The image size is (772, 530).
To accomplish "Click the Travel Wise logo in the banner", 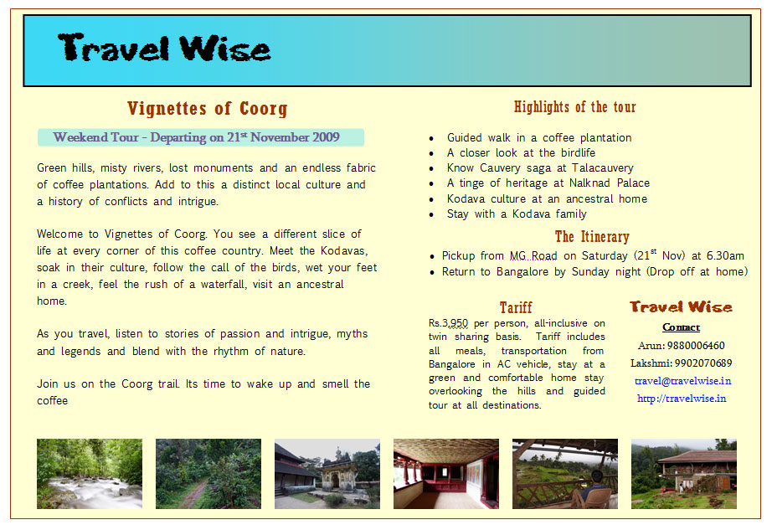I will [x=165, y=49].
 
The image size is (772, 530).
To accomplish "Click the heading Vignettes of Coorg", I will [x=207, y=109].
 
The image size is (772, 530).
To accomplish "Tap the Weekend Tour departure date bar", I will [x=200, y=137].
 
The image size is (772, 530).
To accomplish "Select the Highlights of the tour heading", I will [x=574, y=107].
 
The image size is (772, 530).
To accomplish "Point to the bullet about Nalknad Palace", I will [x=548, y=183].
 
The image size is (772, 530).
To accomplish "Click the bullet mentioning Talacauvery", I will [x=540, y=168].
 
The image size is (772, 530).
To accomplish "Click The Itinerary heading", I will [x=591, y=237].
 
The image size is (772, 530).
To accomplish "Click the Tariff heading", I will [x=515, y=307].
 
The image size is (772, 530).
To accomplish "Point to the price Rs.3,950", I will [x=449, y=323].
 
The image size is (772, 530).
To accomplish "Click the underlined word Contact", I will [x=681, y=327].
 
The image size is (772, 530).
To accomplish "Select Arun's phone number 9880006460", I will [x=696, y=346].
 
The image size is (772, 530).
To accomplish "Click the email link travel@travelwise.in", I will [x=682, y=381].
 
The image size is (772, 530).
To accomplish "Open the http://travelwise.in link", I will [x=681, y=399].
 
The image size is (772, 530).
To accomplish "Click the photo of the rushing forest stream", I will [x=89, y=474].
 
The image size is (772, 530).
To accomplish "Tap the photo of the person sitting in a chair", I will [x=564, y=474].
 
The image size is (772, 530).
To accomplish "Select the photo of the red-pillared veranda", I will [x=445, y=474].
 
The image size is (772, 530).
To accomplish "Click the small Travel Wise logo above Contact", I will [x=681, y=307].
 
